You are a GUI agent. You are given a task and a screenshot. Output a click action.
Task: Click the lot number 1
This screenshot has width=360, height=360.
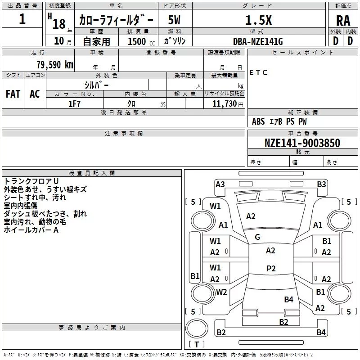point(22,19)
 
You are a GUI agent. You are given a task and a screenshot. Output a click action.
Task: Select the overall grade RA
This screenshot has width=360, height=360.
point(343,20)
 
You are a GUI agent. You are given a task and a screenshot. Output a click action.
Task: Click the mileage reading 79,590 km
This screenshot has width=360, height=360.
point(54,64)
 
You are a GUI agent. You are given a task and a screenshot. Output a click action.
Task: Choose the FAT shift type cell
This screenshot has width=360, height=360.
point(13,94)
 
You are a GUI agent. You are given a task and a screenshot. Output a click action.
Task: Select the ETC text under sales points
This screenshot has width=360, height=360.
point(258,73)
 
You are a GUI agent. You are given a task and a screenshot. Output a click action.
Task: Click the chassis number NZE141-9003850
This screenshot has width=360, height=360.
point(302,143)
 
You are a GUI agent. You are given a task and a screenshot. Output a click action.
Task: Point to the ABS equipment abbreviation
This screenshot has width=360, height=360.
point(258,121)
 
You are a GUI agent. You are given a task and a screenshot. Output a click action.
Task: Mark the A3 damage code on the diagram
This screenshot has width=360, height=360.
point(220,184)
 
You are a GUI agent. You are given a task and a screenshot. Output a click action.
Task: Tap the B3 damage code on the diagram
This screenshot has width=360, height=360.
point(321,184)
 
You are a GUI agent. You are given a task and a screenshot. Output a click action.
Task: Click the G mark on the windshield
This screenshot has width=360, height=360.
point(257,237)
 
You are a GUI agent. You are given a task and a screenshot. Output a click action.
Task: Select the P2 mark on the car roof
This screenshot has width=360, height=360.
point(271,269)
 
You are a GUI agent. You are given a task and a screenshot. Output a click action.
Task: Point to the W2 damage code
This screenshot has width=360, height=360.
point(221,292)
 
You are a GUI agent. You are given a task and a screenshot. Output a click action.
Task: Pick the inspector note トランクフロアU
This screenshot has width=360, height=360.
point(31,181)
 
